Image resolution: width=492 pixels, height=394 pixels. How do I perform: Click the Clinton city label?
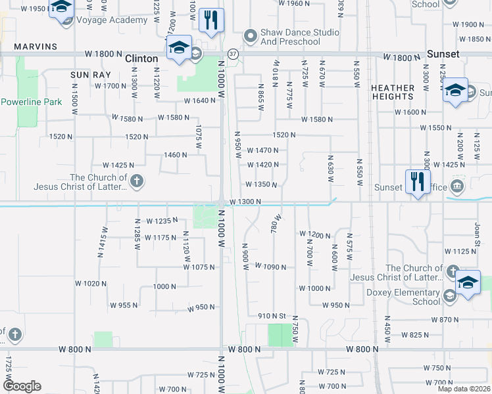(x=142, y=58)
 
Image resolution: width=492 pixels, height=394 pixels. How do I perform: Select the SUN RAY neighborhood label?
(x=89, y=75)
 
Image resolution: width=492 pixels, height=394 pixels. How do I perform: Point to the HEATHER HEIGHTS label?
(x=393, y=92)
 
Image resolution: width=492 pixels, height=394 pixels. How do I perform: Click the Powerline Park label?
(x=31, y=102)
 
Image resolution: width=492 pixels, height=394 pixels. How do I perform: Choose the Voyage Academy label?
(x=112, y=20)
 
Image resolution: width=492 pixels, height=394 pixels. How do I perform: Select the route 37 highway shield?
(x=233, y=53)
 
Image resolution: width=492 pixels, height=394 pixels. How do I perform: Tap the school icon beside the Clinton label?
(x=178, y=48)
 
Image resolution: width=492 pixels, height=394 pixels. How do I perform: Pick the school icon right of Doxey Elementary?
(x=468, y=283)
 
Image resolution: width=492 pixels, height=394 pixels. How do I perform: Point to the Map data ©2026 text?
(x=463, y=388)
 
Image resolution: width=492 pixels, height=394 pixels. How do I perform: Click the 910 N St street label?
(x=274, y=316)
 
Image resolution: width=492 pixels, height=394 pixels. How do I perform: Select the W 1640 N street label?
(x=200, y=100)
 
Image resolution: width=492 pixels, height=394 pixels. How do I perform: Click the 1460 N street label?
(x=176, y=155)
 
